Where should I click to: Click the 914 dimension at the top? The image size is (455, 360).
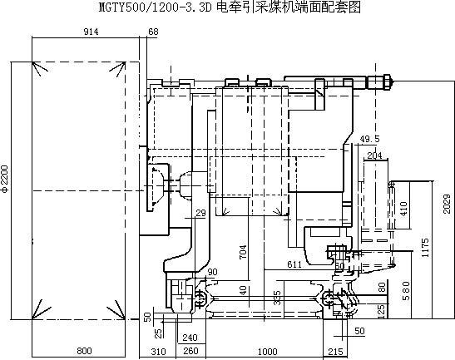[x=91, y=32]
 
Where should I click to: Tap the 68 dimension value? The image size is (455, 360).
[x=153, y=32]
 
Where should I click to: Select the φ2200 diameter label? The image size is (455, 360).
[x=5, y=179]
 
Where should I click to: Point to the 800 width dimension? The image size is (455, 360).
[x=84, y=351]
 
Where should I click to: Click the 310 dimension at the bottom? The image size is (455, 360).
[x=158, y=352]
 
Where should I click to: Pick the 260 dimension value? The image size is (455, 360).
[x=190, y=351]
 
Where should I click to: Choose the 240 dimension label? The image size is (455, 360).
[x=190, y=338]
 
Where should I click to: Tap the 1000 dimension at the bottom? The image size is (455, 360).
[x=268, y=352]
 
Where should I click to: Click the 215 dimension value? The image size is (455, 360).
[x=335, y=352]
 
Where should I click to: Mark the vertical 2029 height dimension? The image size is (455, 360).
[x=448, y=204]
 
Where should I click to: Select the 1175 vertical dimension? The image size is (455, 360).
[x=425, y=248]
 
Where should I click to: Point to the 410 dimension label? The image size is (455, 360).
[x=403, y=209]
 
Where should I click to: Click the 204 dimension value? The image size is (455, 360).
[x=374, y=155]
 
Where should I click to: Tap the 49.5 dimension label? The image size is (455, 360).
[x=369, y=139]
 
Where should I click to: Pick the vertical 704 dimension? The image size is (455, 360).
[x=243, y=252]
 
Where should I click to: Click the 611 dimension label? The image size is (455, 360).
[x=294, y=264]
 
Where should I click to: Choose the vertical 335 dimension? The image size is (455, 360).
[x=278, y=298]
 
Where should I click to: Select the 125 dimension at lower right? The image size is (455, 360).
[x=382, y=310]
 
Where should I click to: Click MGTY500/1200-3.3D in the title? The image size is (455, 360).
[x=155, y=7]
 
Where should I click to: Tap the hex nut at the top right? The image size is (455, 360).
[x=387, y=82]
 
